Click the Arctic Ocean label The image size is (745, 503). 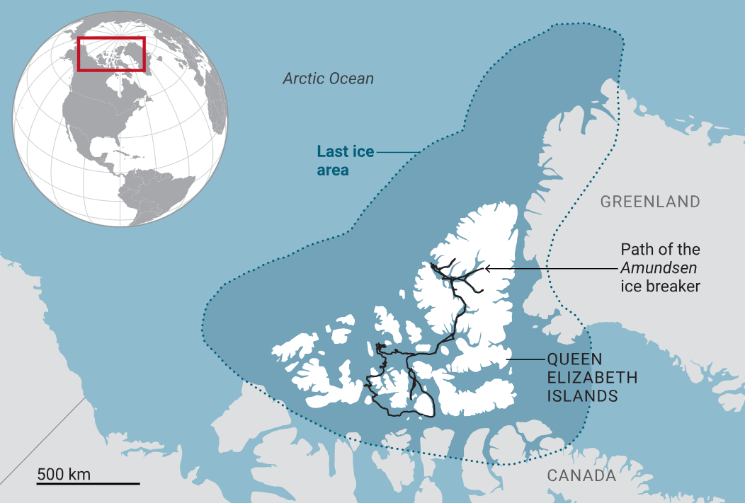[328, 79]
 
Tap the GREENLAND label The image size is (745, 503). [650, 202]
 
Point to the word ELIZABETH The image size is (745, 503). [592, 378]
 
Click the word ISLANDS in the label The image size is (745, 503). [582, 396]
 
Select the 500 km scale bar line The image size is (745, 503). [88, 484]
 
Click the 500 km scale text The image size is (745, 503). [64, 473]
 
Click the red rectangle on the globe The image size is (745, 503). [111, 54]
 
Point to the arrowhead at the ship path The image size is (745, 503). [487, 269]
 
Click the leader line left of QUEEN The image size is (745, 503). [525, 359]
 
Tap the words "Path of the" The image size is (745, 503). [660, 250]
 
